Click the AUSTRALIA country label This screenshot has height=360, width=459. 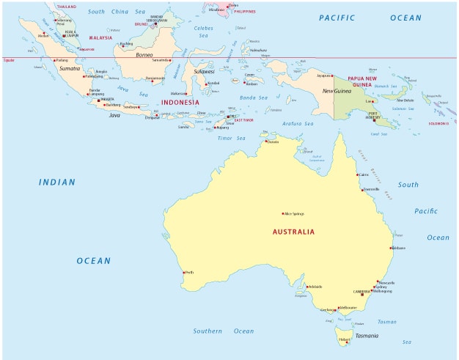pyautogui.click(x=293, y=232)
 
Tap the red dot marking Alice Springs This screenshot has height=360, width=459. pyautogui.click(x=283, y=213)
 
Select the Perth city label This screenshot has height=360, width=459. pyautogui.click(x=189, y=272)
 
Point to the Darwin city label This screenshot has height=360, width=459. pyautogui.click(x=273, y=142)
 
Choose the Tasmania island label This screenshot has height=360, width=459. pyautogui.click(x=367, y=336)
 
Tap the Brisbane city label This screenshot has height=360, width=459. pyautogui.click(x=398, y=248)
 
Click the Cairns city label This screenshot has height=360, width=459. pyautogui.click(x=364, y=175)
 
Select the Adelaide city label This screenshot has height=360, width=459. pyautogui.click(x=315, y=286)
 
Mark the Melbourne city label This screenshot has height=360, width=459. pyautogui.click(x=348, y=307)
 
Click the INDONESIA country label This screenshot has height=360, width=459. pyautogui.click(x=180, y=103)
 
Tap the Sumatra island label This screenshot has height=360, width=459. pyautogui.click(x=69, y=67)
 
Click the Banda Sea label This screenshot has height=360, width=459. pyautogui.click(x=254, y=97)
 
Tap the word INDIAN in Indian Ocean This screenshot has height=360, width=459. pyautogui.click(x=58, y=182)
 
